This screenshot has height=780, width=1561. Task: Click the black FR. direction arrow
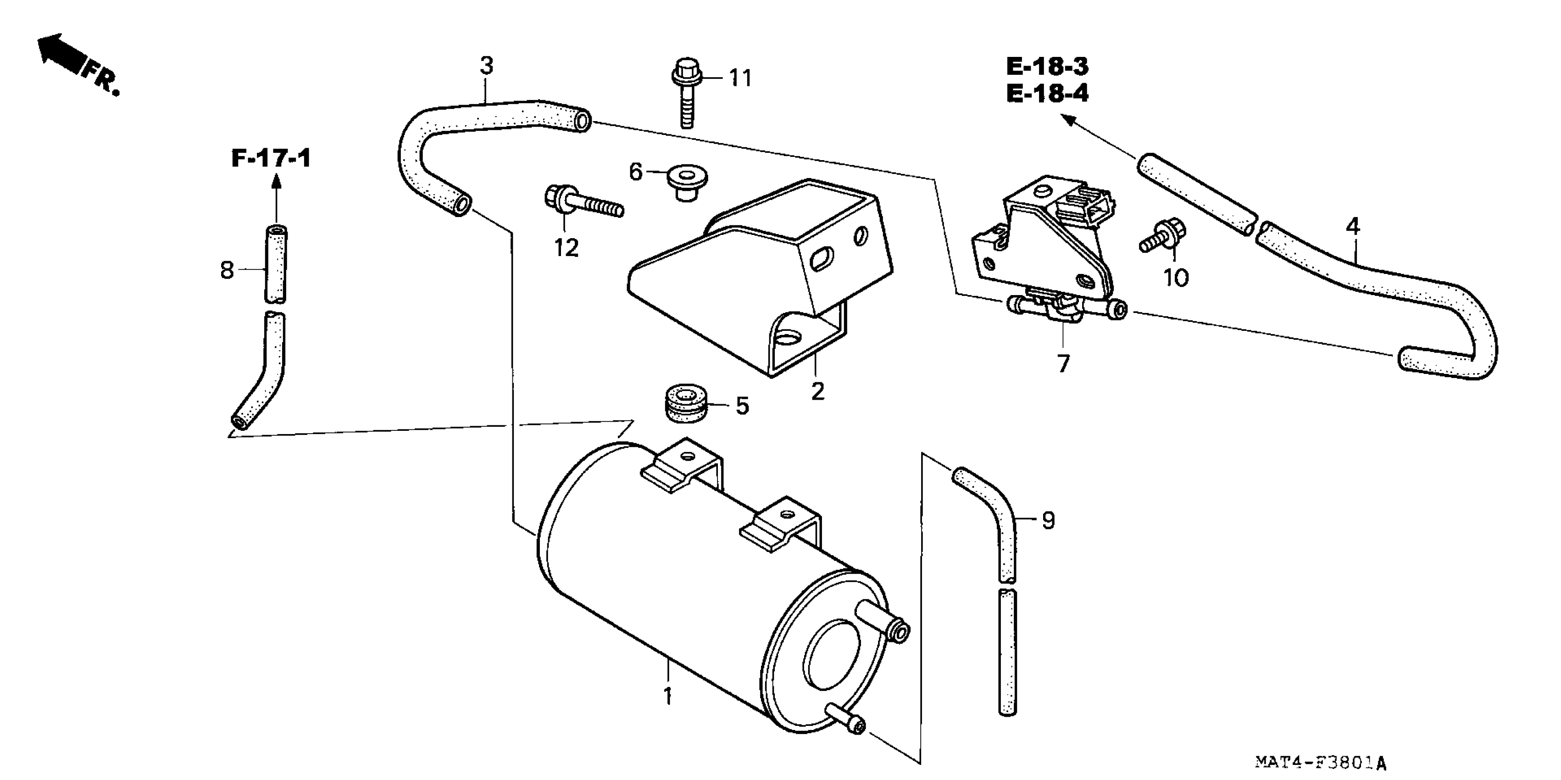click(x=61, y=53)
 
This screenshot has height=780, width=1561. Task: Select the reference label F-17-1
click(x=271, y=159)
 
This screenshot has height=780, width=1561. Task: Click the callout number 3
click(x=487, y=66)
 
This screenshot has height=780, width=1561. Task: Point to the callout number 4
click(x=1353, y=227)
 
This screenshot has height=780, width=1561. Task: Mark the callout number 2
click(x=817, y=391)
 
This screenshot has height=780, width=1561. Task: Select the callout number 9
click(x=1048, y=520)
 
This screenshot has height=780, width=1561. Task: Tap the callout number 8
click(x=227, y=270)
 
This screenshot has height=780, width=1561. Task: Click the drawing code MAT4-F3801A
click(x=1320, y=762)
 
